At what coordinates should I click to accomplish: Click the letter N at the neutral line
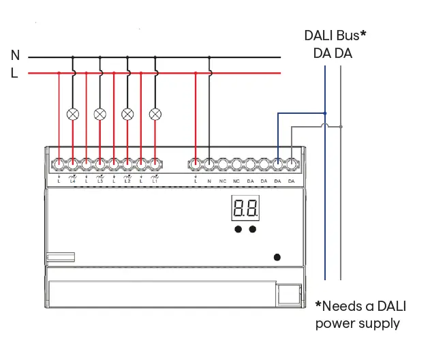tap(15, 56)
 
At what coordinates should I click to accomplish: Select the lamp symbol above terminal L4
tap(73, 114)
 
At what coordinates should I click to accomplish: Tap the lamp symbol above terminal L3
tap(100, 114)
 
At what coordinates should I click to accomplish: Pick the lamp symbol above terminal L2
tap(127, 114)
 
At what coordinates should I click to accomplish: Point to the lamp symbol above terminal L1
tap(155, 114)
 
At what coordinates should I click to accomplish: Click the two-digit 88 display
tap(245, 208)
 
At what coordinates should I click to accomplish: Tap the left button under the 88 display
tap(238, 230)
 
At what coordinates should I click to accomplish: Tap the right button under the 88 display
tap(253, 230)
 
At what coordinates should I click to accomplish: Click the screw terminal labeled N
tap(209, 164)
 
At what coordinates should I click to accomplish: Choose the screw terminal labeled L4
tap(73, 164)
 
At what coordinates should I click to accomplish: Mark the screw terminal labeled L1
tap(155, 164)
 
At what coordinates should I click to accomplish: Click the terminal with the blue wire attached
tap(278, 164)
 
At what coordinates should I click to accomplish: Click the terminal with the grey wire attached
tap(292, 164)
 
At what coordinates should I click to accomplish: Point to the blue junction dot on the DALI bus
tap(326, 113)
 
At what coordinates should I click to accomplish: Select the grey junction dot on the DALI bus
tap(341, 127)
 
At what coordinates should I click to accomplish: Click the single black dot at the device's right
tap(277, 257)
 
